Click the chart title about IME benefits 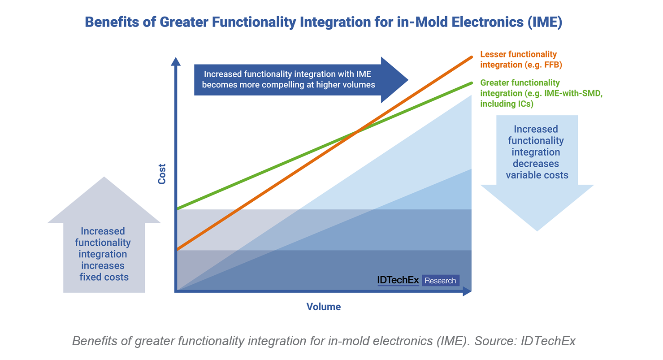point(323,22)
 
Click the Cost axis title point(162,174)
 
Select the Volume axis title point(324,307)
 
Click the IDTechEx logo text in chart point(398,281)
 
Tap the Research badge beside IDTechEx point(440,281)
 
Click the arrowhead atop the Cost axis point(176,61)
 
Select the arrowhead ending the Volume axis point(468,291)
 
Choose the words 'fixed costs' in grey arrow point(104,277)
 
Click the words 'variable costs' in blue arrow point(537,175)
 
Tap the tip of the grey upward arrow point(104,178)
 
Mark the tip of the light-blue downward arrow point(537,230)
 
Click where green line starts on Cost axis point(178,209)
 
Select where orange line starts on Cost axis point(178,249)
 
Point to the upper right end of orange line point(472,57)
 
